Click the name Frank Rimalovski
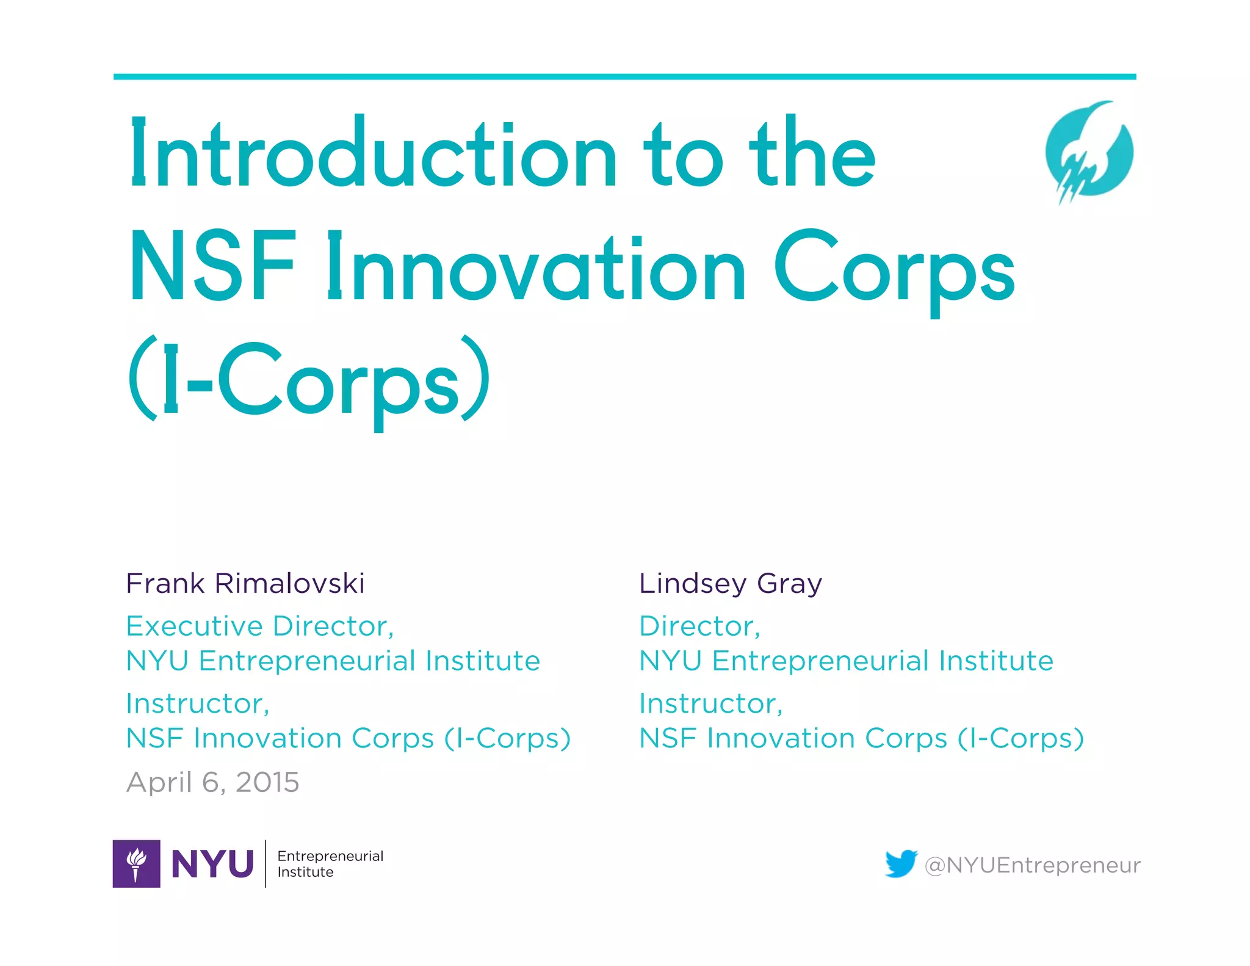[x=245, y=583]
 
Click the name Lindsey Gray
[x=730, y=584]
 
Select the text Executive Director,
[x=260, y=626]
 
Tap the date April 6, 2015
[x=212, y=782]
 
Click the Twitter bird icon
[x=901, y=863]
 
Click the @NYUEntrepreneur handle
[x=1032, y=865]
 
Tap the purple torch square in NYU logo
[x=136, y=863]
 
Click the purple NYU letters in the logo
[x=212, y=864]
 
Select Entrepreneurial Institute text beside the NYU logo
[x=330, y=863]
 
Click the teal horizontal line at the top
[x=624, y=77]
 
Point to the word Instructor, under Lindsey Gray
[x=710, y=704]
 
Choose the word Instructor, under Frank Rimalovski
[x=197, y=704]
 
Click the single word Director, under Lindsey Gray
[x=699, y=626]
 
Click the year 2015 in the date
[x=267, y=782]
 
